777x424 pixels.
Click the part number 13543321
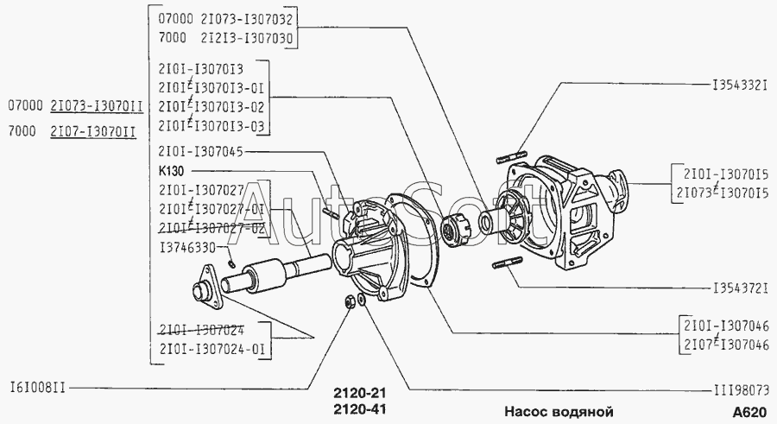tap(740, 87)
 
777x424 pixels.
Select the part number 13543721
tap(740, 287)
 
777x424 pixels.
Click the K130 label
tap(172, 171)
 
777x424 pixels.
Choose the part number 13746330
tap(186, 247)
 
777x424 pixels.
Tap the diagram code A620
tap(749, 411)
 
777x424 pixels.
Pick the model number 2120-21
tap(358, 392)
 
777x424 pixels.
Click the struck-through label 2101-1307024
tap(200, 329)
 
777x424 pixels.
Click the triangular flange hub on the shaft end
tap(203, 288)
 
